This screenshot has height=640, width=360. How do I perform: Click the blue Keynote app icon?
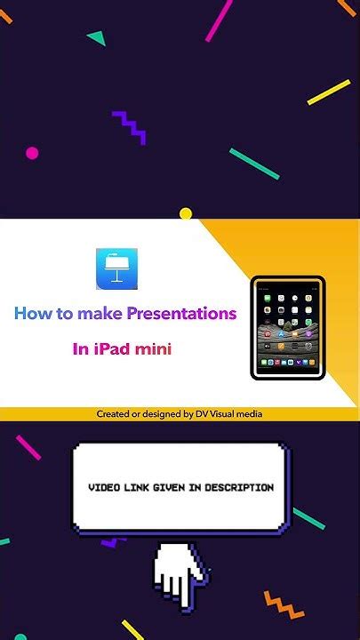(116, 268)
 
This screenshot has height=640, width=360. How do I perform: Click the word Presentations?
(181, 314)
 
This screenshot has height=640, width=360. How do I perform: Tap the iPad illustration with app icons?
(288, 328)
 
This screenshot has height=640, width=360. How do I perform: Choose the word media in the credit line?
(250, 414)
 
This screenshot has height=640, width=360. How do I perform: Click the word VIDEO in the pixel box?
(102, 487)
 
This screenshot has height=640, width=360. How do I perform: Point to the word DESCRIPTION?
(239, 487)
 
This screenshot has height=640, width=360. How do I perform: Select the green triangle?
(97, 38)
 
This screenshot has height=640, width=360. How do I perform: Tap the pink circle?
(32, 153)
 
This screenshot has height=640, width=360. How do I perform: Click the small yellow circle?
(186, 213)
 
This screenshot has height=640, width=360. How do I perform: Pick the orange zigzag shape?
(284, 604)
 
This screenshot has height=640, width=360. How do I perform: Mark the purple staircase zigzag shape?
(129, 127)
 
